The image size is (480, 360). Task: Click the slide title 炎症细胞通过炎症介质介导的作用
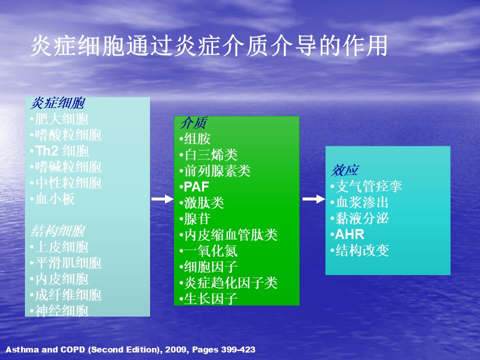[x=209, y=45]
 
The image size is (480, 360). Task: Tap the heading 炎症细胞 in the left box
[x=57, y=103]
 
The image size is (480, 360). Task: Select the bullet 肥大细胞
[x=59, y=119]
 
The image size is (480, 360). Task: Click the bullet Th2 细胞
[x=59, y=151]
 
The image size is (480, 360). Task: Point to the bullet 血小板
[x=52, y=199]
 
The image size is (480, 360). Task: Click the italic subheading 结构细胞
[x=57, y=231]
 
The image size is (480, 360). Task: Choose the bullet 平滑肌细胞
[x=66, y=263]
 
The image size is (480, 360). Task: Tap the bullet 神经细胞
[x=59, y=310]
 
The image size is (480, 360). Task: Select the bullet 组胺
[x=195, y=138]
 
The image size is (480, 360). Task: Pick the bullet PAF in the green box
[x=194, y=186]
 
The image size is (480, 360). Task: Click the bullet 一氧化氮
[x=208, y=251]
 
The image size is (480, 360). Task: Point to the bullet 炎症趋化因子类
[x=228, y=283]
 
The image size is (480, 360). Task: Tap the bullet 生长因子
[x=208, y=299]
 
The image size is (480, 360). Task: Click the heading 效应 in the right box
[x=345, y=170]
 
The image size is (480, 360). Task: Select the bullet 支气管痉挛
[x=366, y=186]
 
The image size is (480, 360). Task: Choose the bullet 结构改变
[x=359, y=250]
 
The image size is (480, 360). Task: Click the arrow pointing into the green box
[x=162, y=199]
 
